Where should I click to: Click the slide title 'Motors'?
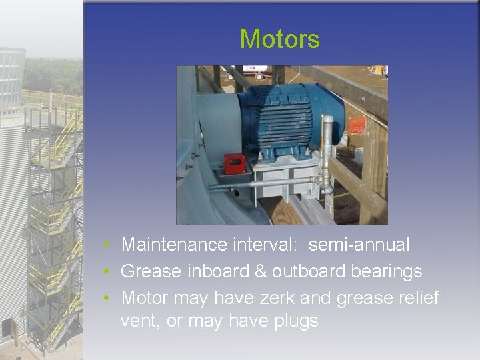tap(279, 39)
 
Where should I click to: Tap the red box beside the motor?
tap(233, 163)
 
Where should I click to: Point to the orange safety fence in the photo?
tap(357, 125)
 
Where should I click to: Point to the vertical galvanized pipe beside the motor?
tap(327, 147)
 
